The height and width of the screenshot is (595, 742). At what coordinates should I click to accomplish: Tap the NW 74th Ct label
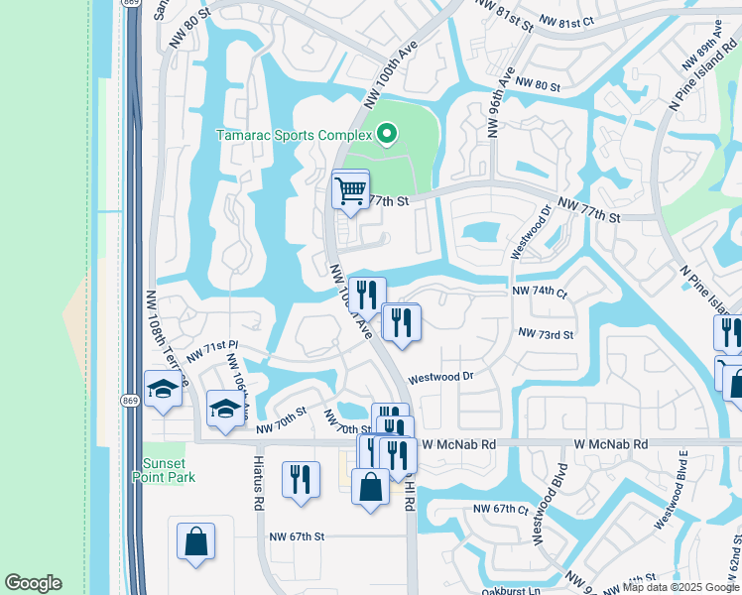coord(539,293)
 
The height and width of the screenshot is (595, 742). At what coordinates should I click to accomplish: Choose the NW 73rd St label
coord(546,335)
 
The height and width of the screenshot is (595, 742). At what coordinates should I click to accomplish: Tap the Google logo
coord(33,583)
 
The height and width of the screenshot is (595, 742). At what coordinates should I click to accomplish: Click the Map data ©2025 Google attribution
coord(680,587)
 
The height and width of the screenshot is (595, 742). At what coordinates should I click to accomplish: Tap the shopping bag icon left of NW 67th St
coord(195,541)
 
